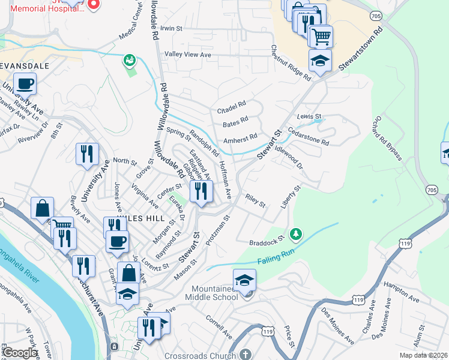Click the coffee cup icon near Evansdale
click(x=25, y=83)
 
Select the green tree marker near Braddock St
click(x=295, y=233)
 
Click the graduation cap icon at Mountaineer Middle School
click(x=244, y=280)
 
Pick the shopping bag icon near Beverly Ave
click(x=43, y=209)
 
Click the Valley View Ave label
click(x=188, y=55)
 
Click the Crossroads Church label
click(x=200, y=356)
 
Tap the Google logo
click(x=20, y=353)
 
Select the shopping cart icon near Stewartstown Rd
click(x=321, y=37)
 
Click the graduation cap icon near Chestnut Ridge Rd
click(x=321, y=61)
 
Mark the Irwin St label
click(x=170, y=28)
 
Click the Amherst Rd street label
click(x=240, y=137)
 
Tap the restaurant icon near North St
click(x=87, y=154)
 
